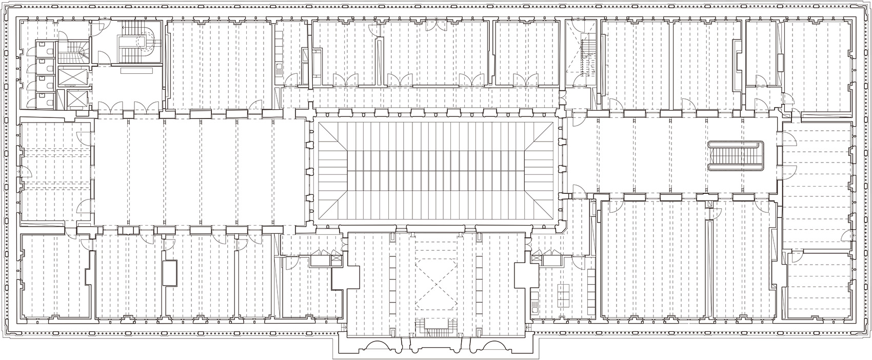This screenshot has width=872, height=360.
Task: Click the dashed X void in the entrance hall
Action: click(435, 283)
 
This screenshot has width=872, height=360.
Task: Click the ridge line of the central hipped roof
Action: click(435, 169)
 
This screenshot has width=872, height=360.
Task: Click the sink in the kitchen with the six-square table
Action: click(536, 308)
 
